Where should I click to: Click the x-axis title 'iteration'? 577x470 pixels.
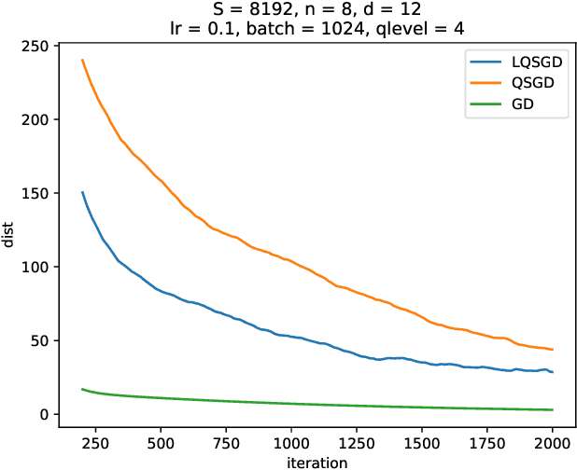[318, 460]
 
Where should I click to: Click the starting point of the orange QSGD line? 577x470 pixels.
[82, 60]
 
